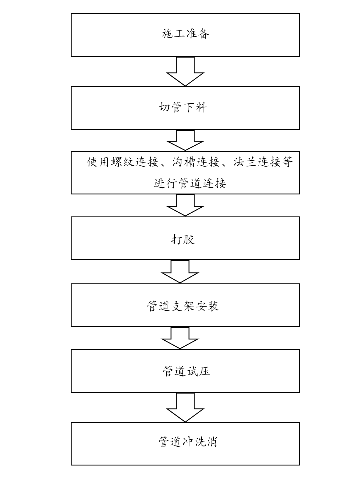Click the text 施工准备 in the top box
point(185,34)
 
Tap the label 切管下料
point(183,107)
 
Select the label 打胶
point(183,239)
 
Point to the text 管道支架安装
point(183,306)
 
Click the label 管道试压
point(186,371)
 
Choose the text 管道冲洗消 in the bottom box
point(188,442)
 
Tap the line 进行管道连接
point(190,183)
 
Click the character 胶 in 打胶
point(189,239)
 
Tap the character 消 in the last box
point(211,442)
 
